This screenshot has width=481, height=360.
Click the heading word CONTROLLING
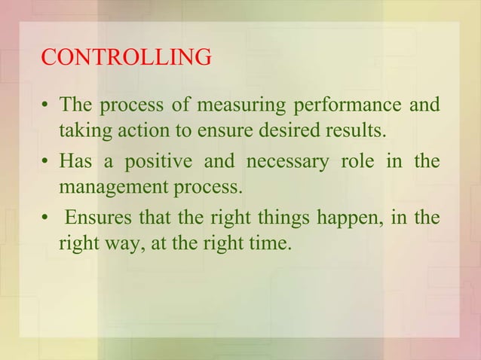pos(126,58)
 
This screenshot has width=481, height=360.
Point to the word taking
pos(84,132)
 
